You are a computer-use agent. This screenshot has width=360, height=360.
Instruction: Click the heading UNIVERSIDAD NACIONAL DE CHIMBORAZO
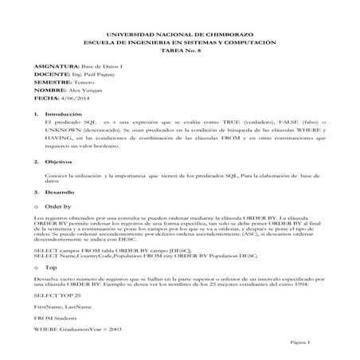pos(179,34)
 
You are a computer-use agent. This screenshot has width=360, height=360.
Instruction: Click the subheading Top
pos(50,268)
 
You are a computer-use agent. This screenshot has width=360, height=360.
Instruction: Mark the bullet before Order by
pos(37,206)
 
